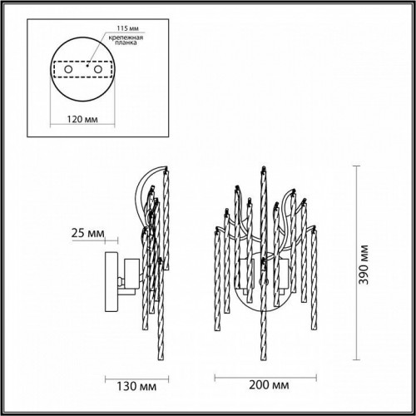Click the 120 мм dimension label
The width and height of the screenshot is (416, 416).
pyautogui.click(x=82, y=119)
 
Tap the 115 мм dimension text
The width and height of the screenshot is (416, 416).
pyautogui.click(x=127, y=28)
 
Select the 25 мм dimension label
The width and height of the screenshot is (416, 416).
pyautogui.click(x=87, y=233)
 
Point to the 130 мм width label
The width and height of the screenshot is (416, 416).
pyautogui.click(x=136, y=386)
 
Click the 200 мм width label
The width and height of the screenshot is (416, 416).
pyautogui.click(x=269, y=384)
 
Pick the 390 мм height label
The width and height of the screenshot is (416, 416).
pyautogui.click(x=364, y=265)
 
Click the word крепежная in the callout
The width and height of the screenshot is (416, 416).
pyautogui.click(x=126, y=37)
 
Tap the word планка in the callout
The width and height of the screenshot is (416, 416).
pyautogui.click(x=126, y=43)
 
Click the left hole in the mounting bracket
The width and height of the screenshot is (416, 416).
pyautogui.click(x=68, y=69)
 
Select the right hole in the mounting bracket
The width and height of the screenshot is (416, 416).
pyautogui.click(x=97, y=69)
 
